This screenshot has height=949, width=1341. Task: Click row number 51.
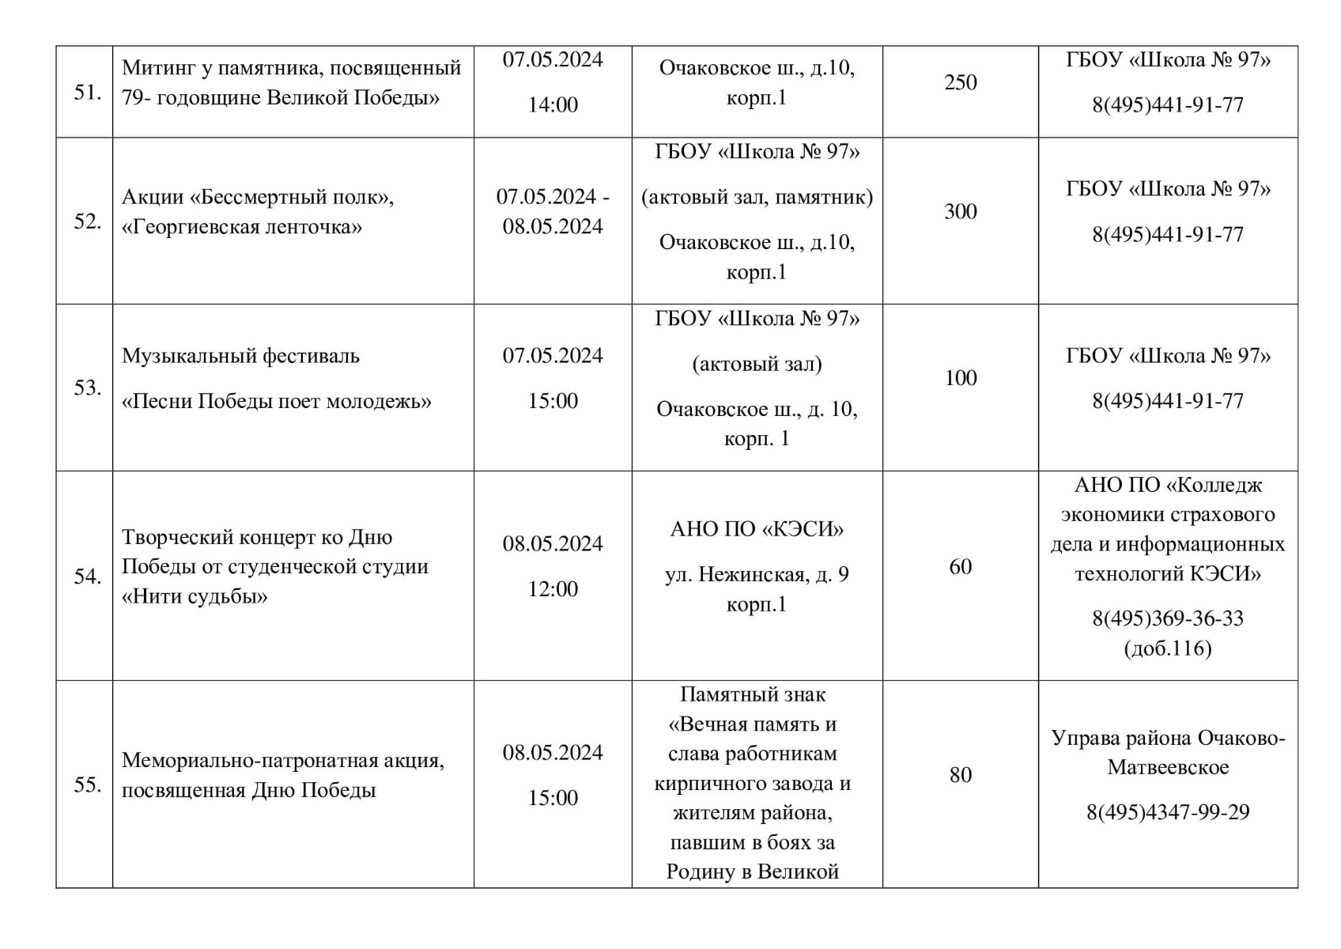click(87, 93)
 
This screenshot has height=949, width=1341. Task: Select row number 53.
click(87, 388)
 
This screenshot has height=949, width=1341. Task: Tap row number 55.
click(87, 785)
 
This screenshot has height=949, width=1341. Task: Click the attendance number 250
click(960, 82)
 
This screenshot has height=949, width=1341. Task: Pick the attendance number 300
click(960, 211)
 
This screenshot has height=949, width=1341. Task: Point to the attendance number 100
click(960, 378)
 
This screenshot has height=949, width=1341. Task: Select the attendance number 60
click(960, 566)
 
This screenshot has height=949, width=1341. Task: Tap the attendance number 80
click(960, 775)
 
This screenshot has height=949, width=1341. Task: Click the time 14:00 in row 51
click(553, 104)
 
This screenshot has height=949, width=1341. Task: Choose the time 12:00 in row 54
click(553, 588)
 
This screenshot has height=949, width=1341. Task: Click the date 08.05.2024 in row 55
click(553, 752)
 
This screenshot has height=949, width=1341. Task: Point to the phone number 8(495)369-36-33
click(1168, 618)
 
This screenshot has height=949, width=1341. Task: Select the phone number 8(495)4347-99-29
click(1168, 812)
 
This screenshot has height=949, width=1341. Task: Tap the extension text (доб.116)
click(1168, 648)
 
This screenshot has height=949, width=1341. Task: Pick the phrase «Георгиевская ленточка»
click(242, 227)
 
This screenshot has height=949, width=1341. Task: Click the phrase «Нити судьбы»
click(195, 595)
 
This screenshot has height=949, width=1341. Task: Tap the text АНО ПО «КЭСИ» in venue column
click(757, 529)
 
